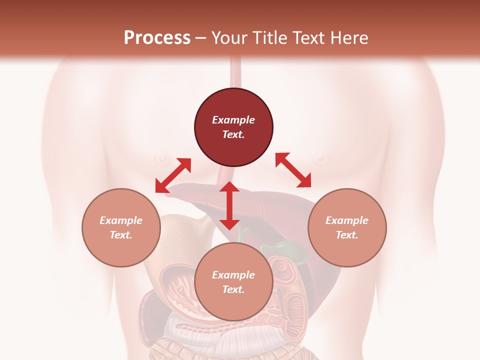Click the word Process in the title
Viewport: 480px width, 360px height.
tap(157, 38)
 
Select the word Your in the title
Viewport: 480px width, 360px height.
tap(228, 38)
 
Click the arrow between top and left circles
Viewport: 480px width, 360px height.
tap(173, 175)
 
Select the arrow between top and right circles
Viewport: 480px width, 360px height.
tap(293, 170)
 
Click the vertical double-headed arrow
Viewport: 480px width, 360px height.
tap(229, 205)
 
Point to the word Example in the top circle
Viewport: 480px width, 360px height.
tap(233, 120)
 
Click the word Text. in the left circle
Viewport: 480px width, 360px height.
tap(121, 235)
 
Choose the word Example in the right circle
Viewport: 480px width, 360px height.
tap(347, 220)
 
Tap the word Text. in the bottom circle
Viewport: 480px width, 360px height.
tap(233, 289)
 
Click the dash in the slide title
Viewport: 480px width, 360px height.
tap(201, 38)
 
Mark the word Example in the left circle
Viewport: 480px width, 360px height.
tap(121, 220)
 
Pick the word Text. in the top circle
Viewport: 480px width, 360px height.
tap(233, 134)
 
